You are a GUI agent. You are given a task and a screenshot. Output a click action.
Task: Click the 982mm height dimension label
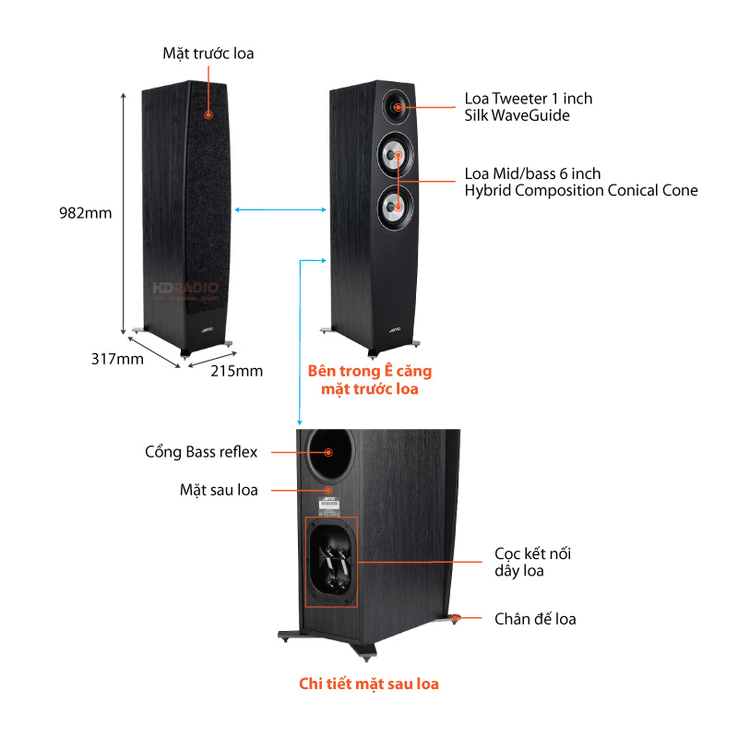[x=85, y=213]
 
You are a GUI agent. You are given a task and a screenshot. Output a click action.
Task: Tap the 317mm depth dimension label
[x=117, y=359]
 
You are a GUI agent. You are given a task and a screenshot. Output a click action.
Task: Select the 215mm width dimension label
[x=237, y=371]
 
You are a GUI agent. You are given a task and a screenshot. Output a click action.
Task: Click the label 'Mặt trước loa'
[x=208, y=54]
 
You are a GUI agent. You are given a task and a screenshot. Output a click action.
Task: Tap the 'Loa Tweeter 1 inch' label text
[x=529, y=99]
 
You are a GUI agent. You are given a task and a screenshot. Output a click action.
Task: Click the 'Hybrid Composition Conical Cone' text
[x=581, y=191]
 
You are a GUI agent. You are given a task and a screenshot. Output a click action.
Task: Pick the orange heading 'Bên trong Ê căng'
[x=369, y=371]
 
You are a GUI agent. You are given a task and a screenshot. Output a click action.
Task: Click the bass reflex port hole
[x=329, y=451]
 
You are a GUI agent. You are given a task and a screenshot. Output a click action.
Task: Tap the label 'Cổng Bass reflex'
[x=201, y=452]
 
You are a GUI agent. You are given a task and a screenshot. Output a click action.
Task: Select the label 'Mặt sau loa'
[x=219, y=490]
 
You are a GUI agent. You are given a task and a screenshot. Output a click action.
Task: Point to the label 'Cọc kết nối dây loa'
[x=532, y=562]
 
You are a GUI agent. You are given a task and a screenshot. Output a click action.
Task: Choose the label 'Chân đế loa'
[x=535, y=619]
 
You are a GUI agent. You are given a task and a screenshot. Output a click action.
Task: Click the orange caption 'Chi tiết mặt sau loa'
[x=369, y=684]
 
